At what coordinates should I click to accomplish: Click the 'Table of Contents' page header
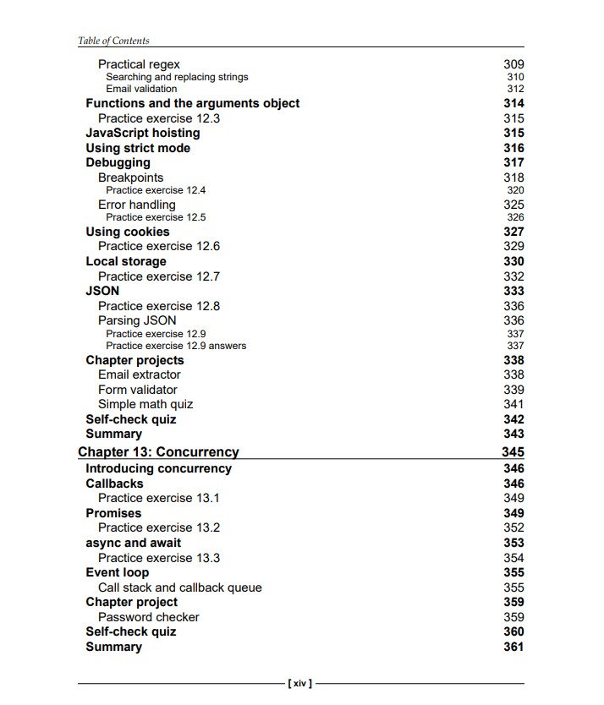(113, 40)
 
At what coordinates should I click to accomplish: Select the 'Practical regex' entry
(139, 64)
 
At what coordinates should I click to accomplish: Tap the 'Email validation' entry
(141, 89)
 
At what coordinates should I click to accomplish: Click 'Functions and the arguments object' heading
(193, 103)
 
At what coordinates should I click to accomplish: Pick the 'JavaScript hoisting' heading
(143, 133)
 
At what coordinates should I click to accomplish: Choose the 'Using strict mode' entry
(138, 148)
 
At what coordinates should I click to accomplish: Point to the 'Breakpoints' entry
(130, 178)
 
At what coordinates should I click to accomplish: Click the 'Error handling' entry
(137, 205)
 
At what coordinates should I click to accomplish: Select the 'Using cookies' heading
(128, 232)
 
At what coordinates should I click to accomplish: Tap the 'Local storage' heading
(126, 261)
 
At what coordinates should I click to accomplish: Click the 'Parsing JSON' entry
(137, 320)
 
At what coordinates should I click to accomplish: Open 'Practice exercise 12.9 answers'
(176, 346)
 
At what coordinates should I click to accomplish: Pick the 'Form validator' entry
(138, 390)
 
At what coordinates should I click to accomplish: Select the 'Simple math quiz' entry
(146, 404)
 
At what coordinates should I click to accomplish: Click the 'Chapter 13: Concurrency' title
(158, 452)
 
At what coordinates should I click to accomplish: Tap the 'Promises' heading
(113, 513)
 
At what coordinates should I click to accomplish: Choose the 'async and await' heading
(133, 543)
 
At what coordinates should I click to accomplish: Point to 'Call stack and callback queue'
(180, 587)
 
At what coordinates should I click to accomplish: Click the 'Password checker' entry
(149, 617)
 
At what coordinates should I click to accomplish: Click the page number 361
(513, 647)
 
